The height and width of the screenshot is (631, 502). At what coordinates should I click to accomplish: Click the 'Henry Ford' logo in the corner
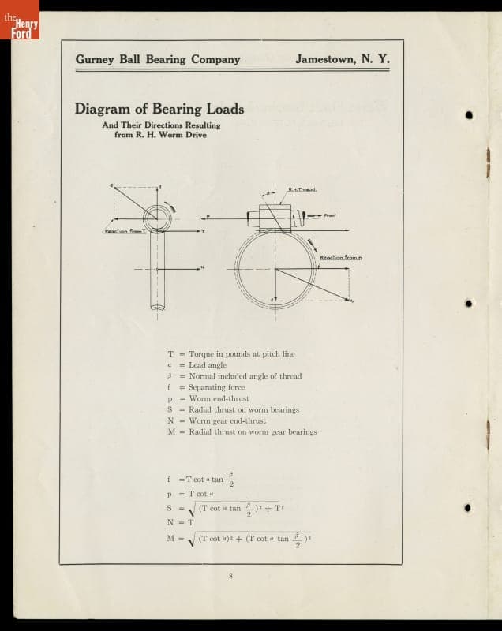tap(21, 28)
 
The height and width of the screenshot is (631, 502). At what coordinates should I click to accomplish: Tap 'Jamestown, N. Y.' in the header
tap(342, 59)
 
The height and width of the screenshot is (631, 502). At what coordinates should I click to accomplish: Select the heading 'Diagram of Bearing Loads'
tap(159, 109)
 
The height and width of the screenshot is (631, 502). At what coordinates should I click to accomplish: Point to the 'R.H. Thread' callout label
tap(302, 189)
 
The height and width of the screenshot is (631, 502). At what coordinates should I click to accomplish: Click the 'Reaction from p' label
tap(340, 258)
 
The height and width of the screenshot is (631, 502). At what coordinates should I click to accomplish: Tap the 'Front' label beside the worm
tap(331, 215)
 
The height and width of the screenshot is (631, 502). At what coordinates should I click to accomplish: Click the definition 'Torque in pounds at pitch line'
tap(242, 354)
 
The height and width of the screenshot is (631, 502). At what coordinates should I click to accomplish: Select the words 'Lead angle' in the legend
tap(208, 365)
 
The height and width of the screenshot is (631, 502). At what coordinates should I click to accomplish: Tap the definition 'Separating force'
tap(217, 387)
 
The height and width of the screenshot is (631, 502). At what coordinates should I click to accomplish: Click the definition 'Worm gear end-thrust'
tap(227, 420)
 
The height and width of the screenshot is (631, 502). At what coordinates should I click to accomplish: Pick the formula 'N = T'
tap(181, 522)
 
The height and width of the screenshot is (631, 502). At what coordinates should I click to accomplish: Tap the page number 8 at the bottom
tap(230, 577)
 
